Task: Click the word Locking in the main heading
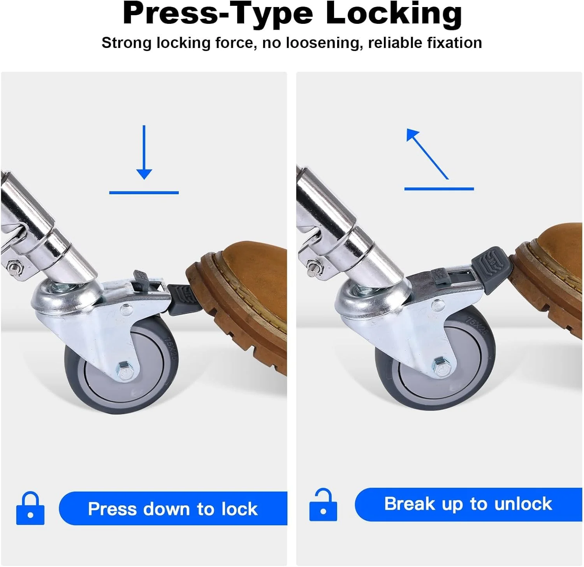click(x=394, y=14)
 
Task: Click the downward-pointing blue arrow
click(x=144, y=152)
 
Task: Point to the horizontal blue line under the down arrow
click(x=144, y=192)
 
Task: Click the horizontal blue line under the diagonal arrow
click(x=439, y=189)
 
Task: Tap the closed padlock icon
click(x=30, y=508)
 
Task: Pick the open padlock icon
click(x=323, y=505)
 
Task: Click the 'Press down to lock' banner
click(x=173, y=509)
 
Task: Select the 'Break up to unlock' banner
click(x=468, y=504)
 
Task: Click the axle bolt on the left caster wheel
click(x=123, y=368)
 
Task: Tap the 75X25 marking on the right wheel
click(x=477, y=326)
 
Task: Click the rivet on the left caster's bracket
click(x=126, y=310)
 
